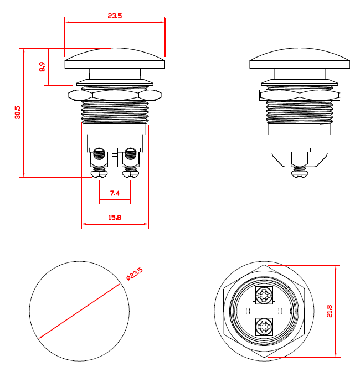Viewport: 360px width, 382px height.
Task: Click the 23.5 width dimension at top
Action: point(115,16)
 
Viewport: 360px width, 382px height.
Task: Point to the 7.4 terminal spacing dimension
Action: point(115,193)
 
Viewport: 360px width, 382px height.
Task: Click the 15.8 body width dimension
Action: point(115,218)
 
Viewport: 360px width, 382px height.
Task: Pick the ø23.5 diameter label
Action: point(135,273)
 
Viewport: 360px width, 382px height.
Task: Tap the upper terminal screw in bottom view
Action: point(264,296)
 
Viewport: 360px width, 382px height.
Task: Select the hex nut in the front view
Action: point(115,95)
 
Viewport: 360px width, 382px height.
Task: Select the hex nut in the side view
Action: point(300,95)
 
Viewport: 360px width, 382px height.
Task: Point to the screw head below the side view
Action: point(300,173)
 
